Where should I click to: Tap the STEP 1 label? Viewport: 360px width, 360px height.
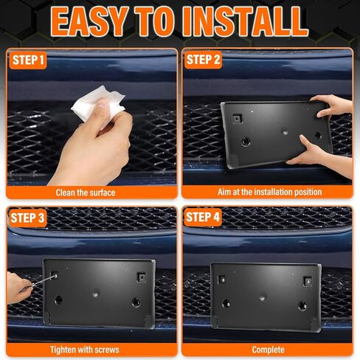27,60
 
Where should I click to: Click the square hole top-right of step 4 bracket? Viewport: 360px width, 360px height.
308,281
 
